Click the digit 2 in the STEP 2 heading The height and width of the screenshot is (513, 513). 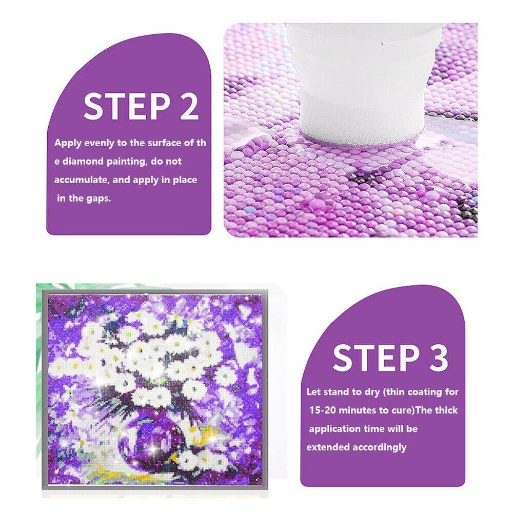click(x=189, y=106)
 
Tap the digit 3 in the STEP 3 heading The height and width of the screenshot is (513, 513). click(x=439, y=358)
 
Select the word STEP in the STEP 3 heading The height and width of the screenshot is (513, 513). click(x=376, y=358)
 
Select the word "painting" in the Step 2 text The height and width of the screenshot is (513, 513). click(x=126, y=162)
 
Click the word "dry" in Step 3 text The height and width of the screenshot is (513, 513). click(x=372, y=392)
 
